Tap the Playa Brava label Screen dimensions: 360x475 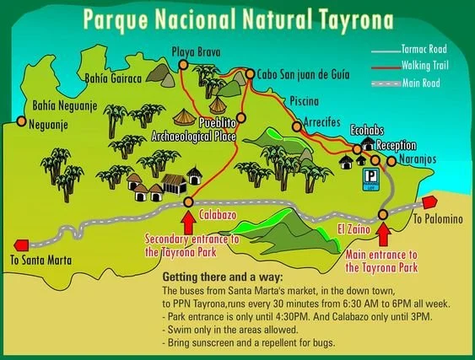click(196, 51)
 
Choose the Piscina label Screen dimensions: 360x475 click(304, 100)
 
